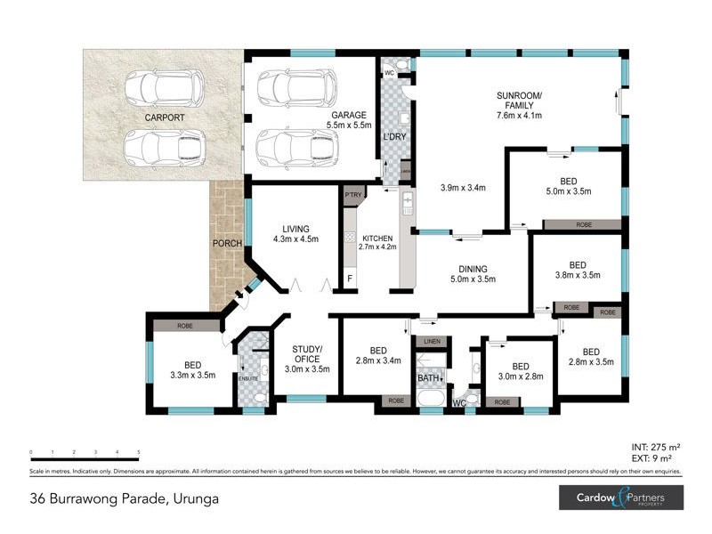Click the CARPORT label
tap(166, 117)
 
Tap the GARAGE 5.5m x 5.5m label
tap(349, 121)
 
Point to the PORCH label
tap(226, 243)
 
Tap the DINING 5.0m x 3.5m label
tap(472, 273)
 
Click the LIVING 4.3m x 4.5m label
tap(294, 232)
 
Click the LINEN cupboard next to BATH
tap(432, 342)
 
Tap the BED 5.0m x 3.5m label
tap(570, 185)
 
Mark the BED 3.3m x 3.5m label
tap(193, 370)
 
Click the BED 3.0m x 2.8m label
tap(521, 371)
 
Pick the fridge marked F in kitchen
tap(350, 279)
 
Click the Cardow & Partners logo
tap(620, 498)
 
